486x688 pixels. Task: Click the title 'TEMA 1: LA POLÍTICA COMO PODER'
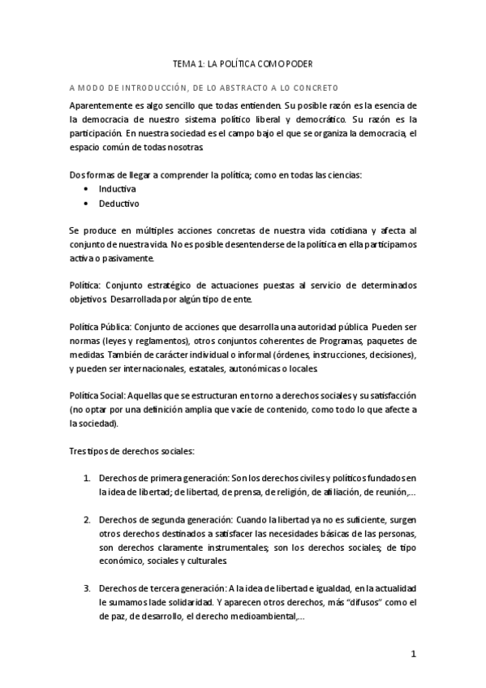click(x=243, y=62)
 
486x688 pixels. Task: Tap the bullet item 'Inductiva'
click(x=118, y=188)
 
